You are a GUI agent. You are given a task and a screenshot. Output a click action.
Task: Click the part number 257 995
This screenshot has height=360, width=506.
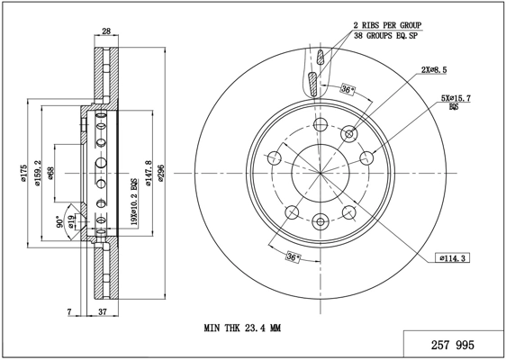pos(453,346)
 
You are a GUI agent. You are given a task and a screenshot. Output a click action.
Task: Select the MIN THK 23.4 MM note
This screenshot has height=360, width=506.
pos(242,328)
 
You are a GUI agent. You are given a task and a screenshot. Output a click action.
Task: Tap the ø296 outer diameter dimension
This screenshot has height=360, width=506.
pos(161,173)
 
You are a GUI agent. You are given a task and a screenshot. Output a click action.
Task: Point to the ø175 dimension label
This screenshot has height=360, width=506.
pos(24,173)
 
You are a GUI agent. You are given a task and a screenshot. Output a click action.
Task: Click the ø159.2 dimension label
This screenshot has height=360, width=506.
pos(38,173)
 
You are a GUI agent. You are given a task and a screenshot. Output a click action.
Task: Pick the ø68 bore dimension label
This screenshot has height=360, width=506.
pos(50,173)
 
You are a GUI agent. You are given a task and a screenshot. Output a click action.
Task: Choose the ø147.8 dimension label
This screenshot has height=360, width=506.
pos(149,173)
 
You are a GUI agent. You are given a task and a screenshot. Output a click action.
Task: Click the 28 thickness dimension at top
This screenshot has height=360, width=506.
pos(106,31)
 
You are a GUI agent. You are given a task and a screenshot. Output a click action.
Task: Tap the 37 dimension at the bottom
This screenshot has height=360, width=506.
pos(103,312)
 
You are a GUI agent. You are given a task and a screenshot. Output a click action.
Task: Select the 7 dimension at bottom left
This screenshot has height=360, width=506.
pos(69,312)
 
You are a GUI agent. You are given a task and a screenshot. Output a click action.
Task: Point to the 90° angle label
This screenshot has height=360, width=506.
pos(59,221)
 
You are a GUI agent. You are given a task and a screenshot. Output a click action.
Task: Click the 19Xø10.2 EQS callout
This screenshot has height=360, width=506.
pos(133,202)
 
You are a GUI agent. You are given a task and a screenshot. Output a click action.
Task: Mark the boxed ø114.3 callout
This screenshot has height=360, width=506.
pos(452,258)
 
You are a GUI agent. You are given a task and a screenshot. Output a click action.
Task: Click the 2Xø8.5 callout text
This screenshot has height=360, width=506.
pos(434,69)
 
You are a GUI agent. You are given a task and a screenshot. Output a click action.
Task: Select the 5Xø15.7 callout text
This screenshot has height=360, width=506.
pos(456,98)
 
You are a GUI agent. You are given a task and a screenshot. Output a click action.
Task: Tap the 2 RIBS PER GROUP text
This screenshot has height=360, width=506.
pos(387,25)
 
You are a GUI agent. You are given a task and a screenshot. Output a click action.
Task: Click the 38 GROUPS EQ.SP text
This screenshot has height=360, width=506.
pos(385,36)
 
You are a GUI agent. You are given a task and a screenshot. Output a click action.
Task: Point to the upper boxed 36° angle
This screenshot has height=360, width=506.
pos(348,89)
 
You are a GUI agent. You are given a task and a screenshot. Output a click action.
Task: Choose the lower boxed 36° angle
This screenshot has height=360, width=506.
pos(293,257)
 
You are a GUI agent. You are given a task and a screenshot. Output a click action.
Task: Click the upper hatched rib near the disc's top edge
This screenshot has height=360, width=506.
pos(321,57)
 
